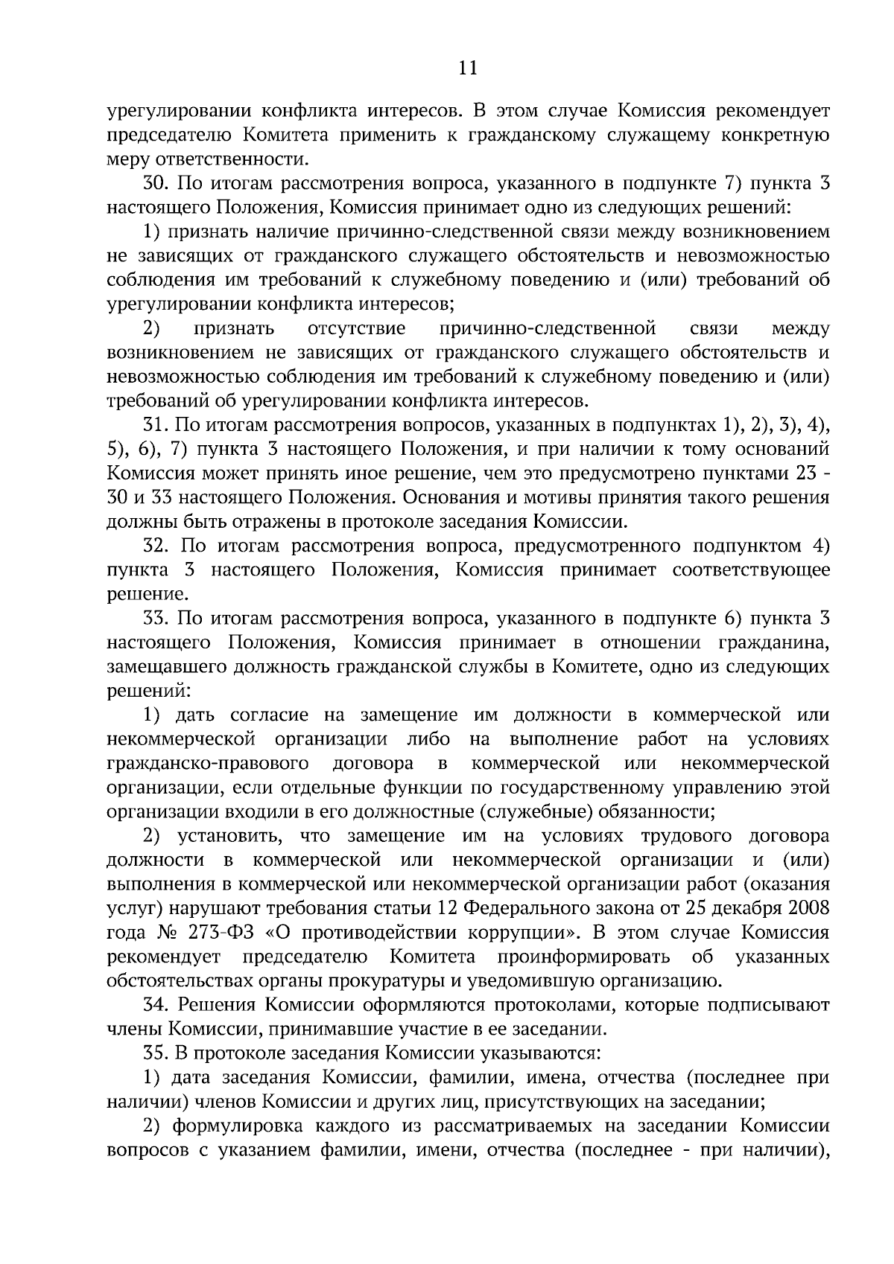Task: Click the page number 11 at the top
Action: (x=467, y=68)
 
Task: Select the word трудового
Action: (x=688, y=837)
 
